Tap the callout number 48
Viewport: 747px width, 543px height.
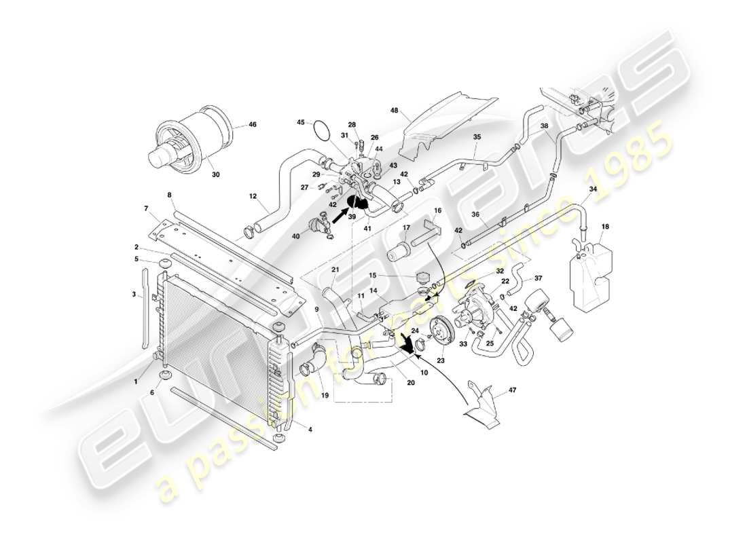point(394,110)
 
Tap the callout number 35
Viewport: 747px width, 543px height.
point(477,137)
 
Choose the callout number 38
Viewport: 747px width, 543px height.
point(544,126)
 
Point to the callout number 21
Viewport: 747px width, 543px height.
point(334,270)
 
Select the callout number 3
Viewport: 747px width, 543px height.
point(134,295)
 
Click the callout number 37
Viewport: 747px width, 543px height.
point(539,278)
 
